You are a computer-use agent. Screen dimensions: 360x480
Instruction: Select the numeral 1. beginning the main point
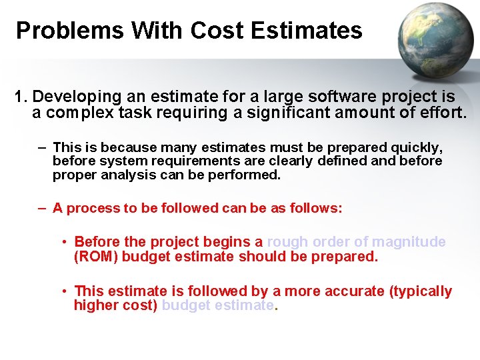tap(22, 97)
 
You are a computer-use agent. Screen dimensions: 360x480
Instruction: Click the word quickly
tap(417, 147)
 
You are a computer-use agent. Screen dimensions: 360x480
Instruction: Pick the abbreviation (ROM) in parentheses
tap(95, 257)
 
